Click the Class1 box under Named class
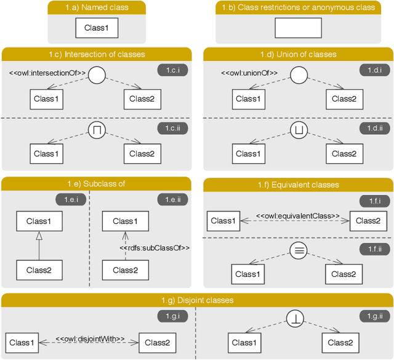point(97,28)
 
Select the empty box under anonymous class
point(298,28)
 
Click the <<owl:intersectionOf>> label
point(47,73)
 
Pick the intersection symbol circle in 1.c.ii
point(97,130)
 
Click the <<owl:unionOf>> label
point(249,73)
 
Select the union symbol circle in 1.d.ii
point(299,130)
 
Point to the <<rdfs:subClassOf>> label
point(153,248)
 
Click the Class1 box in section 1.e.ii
point(125,221)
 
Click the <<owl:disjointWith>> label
point(90,338)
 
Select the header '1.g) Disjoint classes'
point(197,300)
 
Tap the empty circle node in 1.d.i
point(299,76)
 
